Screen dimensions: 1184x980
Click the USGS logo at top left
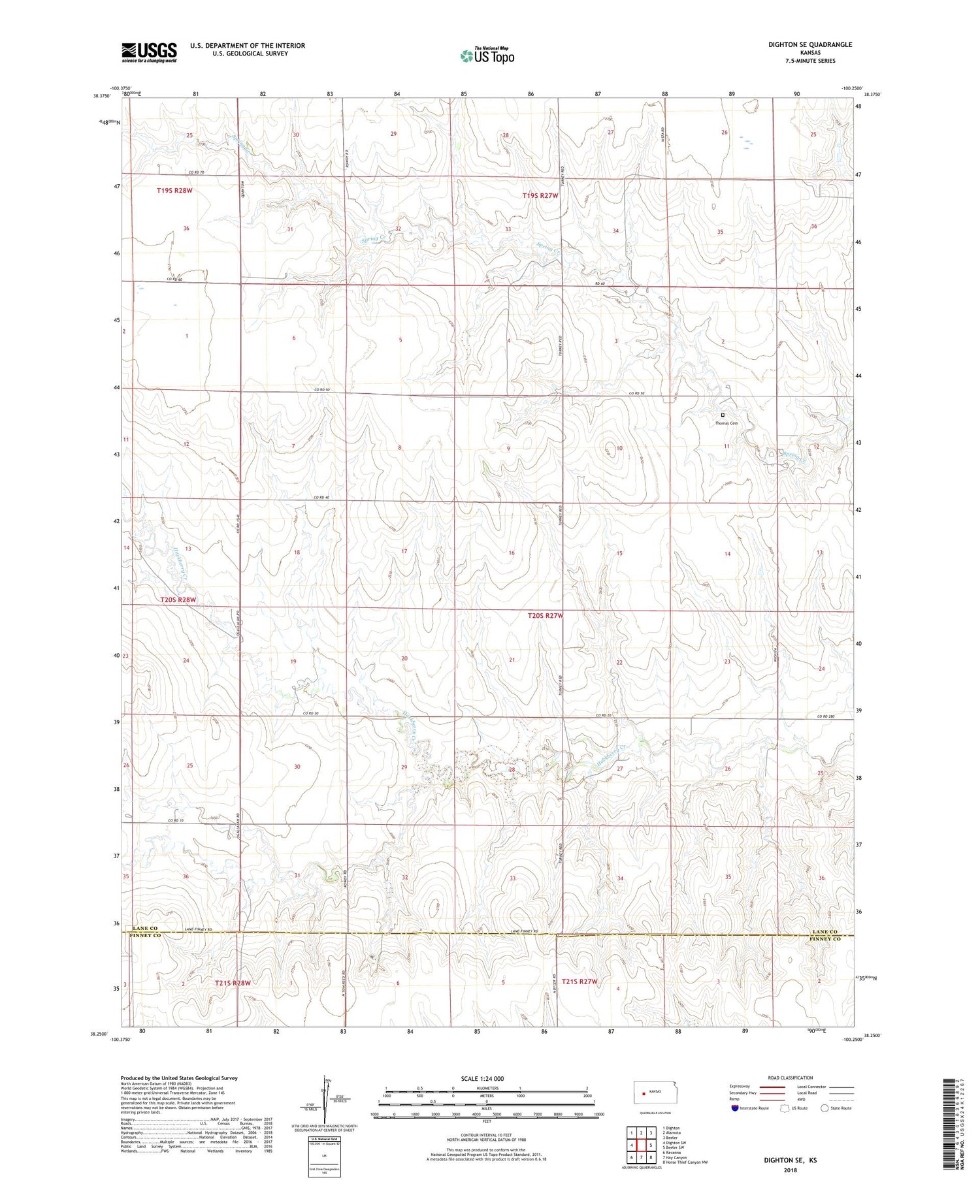[149, 52]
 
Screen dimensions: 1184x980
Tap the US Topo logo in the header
[487, 56]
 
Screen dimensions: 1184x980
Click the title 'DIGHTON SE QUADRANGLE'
[810, 44]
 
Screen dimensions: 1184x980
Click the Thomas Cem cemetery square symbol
[723, 415]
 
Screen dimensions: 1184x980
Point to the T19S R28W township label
[174, 190]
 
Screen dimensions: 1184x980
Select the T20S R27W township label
[545, 615]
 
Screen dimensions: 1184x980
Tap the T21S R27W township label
[576, 982]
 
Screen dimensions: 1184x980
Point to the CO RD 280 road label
[826, 716]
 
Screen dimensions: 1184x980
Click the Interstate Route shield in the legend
[735, 1108]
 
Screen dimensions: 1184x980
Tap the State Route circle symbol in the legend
[825, 1108]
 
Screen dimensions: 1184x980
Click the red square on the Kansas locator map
[644, 1093]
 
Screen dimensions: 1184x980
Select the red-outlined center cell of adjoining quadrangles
[641, 1145]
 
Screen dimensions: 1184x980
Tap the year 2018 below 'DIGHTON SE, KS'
[791, 1170]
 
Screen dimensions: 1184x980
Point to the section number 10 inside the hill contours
[619, 448]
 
